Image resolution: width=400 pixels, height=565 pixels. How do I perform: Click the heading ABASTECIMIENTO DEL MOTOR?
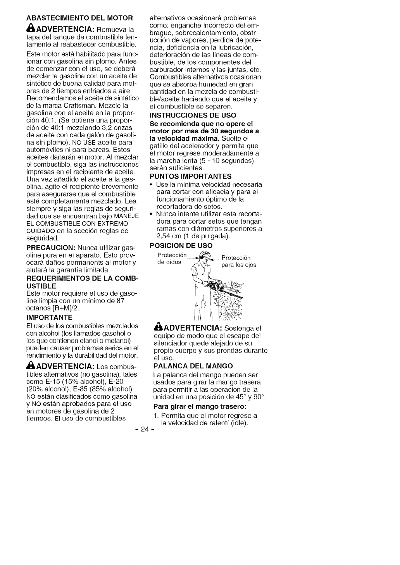tap(79, 18)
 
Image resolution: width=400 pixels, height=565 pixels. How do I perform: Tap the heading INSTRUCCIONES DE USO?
tap(193, 115)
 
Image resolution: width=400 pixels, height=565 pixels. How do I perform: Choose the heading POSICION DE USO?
tap(181, 246)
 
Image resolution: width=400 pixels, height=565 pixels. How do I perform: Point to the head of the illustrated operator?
tap(204, 258)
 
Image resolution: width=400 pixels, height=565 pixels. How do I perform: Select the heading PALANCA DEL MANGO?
tap(193, 366)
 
